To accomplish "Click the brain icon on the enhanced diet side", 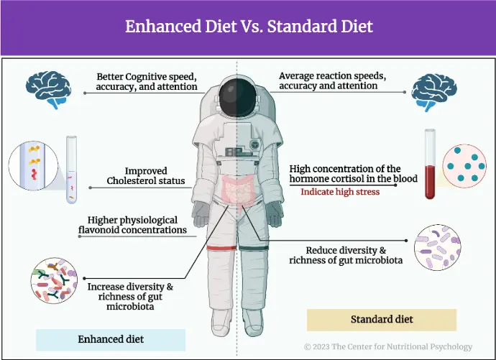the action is tap(48, 89).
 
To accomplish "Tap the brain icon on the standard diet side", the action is tap(434, 92).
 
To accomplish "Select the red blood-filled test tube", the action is tap(430, 164).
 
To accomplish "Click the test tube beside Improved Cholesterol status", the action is tap(71, 170).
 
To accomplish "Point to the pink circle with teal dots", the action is tap(464, 166).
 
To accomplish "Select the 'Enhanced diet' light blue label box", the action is tap(111, 339).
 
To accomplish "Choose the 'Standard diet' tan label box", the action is tap(382, 320).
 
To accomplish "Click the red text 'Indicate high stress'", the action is tap(340, 192).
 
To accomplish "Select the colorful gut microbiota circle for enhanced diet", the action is tap(54, 281).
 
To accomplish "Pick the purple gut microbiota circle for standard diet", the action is tap(438, 247).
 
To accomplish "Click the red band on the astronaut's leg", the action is tap(221, 247).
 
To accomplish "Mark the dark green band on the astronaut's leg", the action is tap(254, 248).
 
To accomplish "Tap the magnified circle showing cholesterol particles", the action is tap(33, 166).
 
